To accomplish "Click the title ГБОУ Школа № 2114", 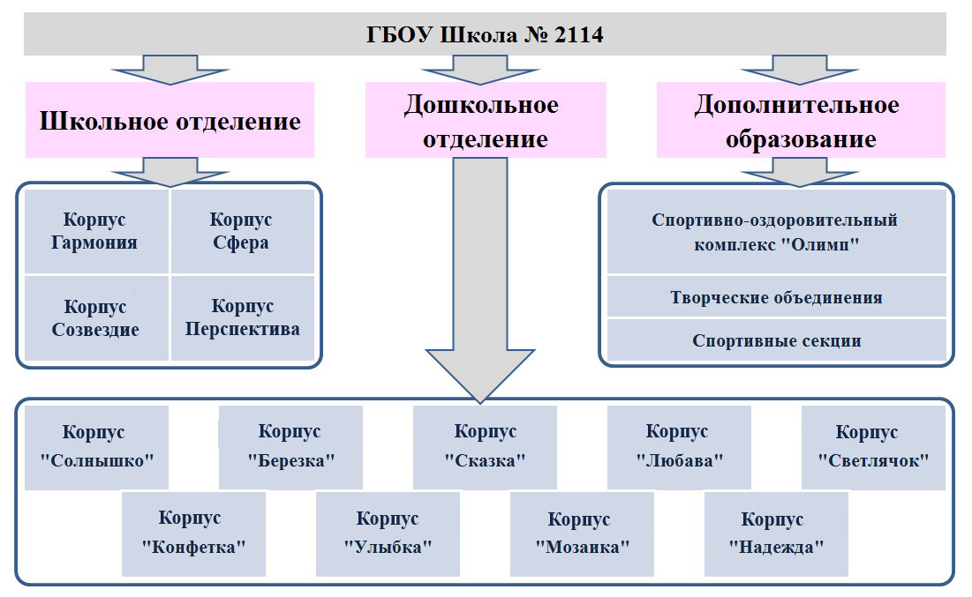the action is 484,34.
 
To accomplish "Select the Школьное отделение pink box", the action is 170,120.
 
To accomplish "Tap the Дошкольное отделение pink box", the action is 486,120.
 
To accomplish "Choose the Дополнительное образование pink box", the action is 801,120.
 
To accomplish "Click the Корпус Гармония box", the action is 97,231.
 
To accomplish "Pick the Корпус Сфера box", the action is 243,231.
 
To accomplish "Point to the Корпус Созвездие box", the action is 97,317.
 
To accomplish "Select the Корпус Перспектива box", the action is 243,317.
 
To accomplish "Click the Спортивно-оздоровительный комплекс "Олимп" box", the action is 777,231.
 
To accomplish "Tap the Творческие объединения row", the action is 777,296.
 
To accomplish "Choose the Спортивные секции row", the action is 777,340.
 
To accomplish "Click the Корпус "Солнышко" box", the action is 97,447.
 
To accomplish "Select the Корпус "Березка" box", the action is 290,447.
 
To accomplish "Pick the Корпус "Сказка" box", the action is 485,447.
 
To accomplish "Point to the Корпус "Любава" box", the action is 679,447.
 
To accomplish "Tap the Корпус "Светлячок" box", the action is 873,447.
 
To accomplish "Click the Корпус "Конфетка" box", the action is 193,534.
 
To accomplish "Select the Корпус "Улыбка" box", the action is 388,534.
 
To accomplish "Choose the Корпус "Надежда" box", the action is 776,534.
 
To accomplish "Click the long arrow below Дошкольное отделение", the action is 480,280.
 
